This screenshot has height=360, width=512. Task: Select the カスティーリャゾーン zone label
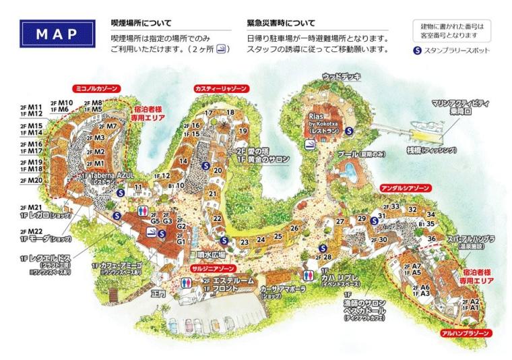(220, 88)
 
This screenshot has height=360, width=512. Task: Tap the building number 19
(243, 130)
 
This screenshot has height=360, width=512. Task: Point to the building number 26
(294, 229)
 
